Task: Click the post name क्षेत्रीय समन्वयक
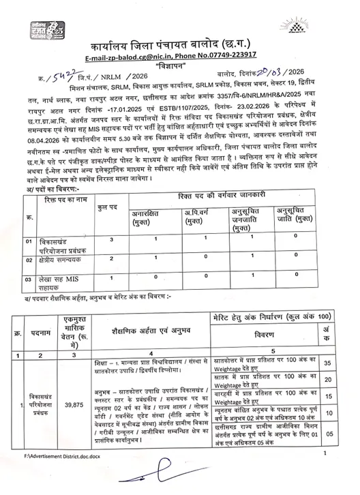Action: pyautogui.click(x=60, y=260)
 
